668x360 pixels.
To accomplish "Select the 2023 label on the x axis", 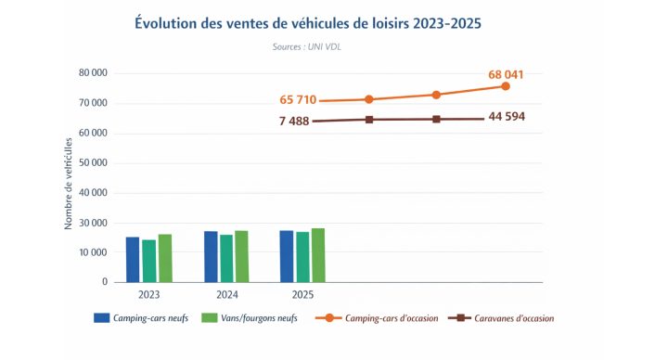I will click(148, 295).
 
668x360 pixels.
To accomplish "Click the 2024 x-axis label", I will click(225, 295).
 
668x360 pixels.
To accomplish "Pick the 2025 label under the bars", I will click(302, 295).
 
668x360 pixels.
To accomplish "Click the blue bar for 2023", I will click(133, 260).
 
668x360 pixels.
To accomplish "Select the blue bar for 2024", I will click(211, 257).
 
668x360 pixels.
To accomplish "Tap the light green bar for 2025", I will click(318, 255).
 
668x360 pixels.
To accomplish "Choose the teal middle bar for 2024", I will click(226, 259).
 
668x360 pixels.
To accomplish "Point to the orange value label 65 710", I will click(302, 99).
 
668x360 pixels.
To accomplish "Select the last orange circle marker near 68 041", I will click(506, 86).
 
